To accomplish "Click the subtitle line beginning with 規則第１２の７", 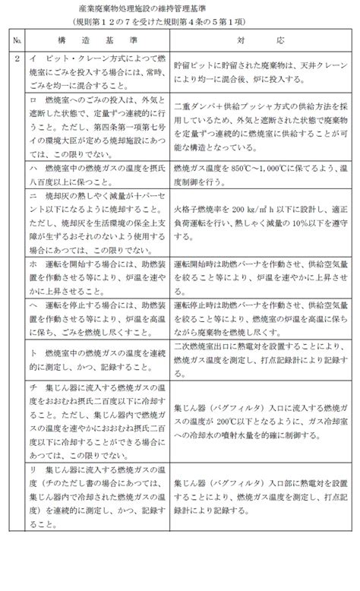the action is pos(153,21).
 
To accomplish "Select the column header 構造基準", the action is pos(96,38).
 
